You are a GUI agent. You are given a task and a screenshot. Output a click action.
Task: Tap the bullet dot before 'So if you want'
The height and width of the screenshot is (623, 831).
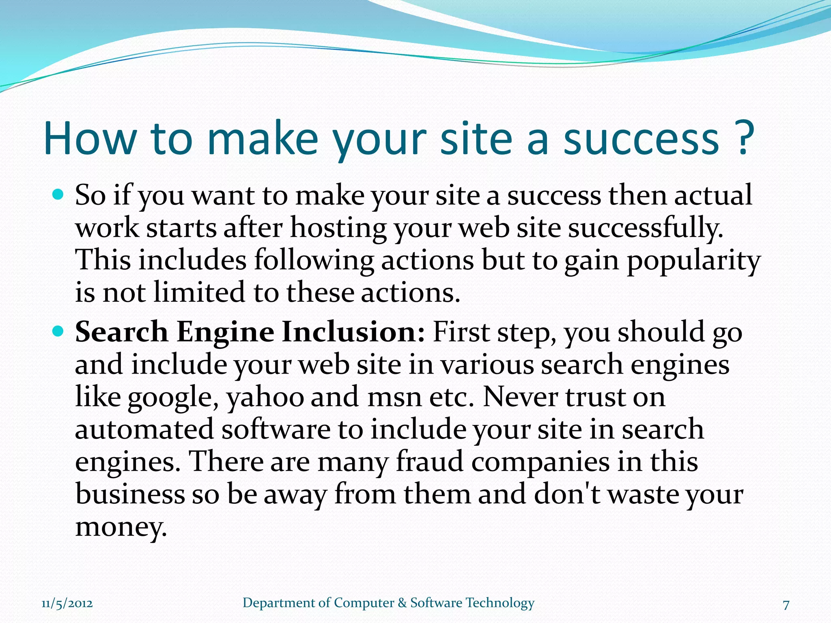[58, 195]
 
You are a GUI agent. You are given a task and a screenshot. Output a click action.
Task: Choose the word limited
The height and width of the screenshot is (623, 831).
[199, 292]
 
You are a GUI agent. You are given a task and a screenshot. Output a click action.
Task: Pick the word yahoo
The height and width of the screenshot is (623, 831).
[265, 398]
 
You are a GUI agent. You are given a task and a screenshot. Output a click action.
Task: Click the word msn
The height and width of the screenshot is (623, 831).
[395, 398]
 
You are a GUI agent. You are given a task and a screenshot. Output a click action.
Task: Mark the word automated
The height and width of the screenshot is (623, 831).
[144, 430]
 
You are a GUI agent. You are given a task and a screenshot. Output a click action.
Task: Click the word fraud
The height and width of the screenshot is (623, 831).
[429, 462]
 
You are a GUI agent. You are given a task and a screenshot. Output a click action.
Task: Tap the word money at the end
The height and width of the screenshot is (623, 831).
[121, 528]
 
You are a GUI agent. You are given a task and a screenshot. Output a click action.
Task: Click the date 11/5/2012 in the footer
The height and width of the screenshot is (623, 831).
[67, 604]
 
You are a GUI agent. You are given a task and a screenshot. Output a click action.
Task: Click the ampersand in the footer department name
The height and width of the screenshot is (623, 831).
[402, 603]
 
